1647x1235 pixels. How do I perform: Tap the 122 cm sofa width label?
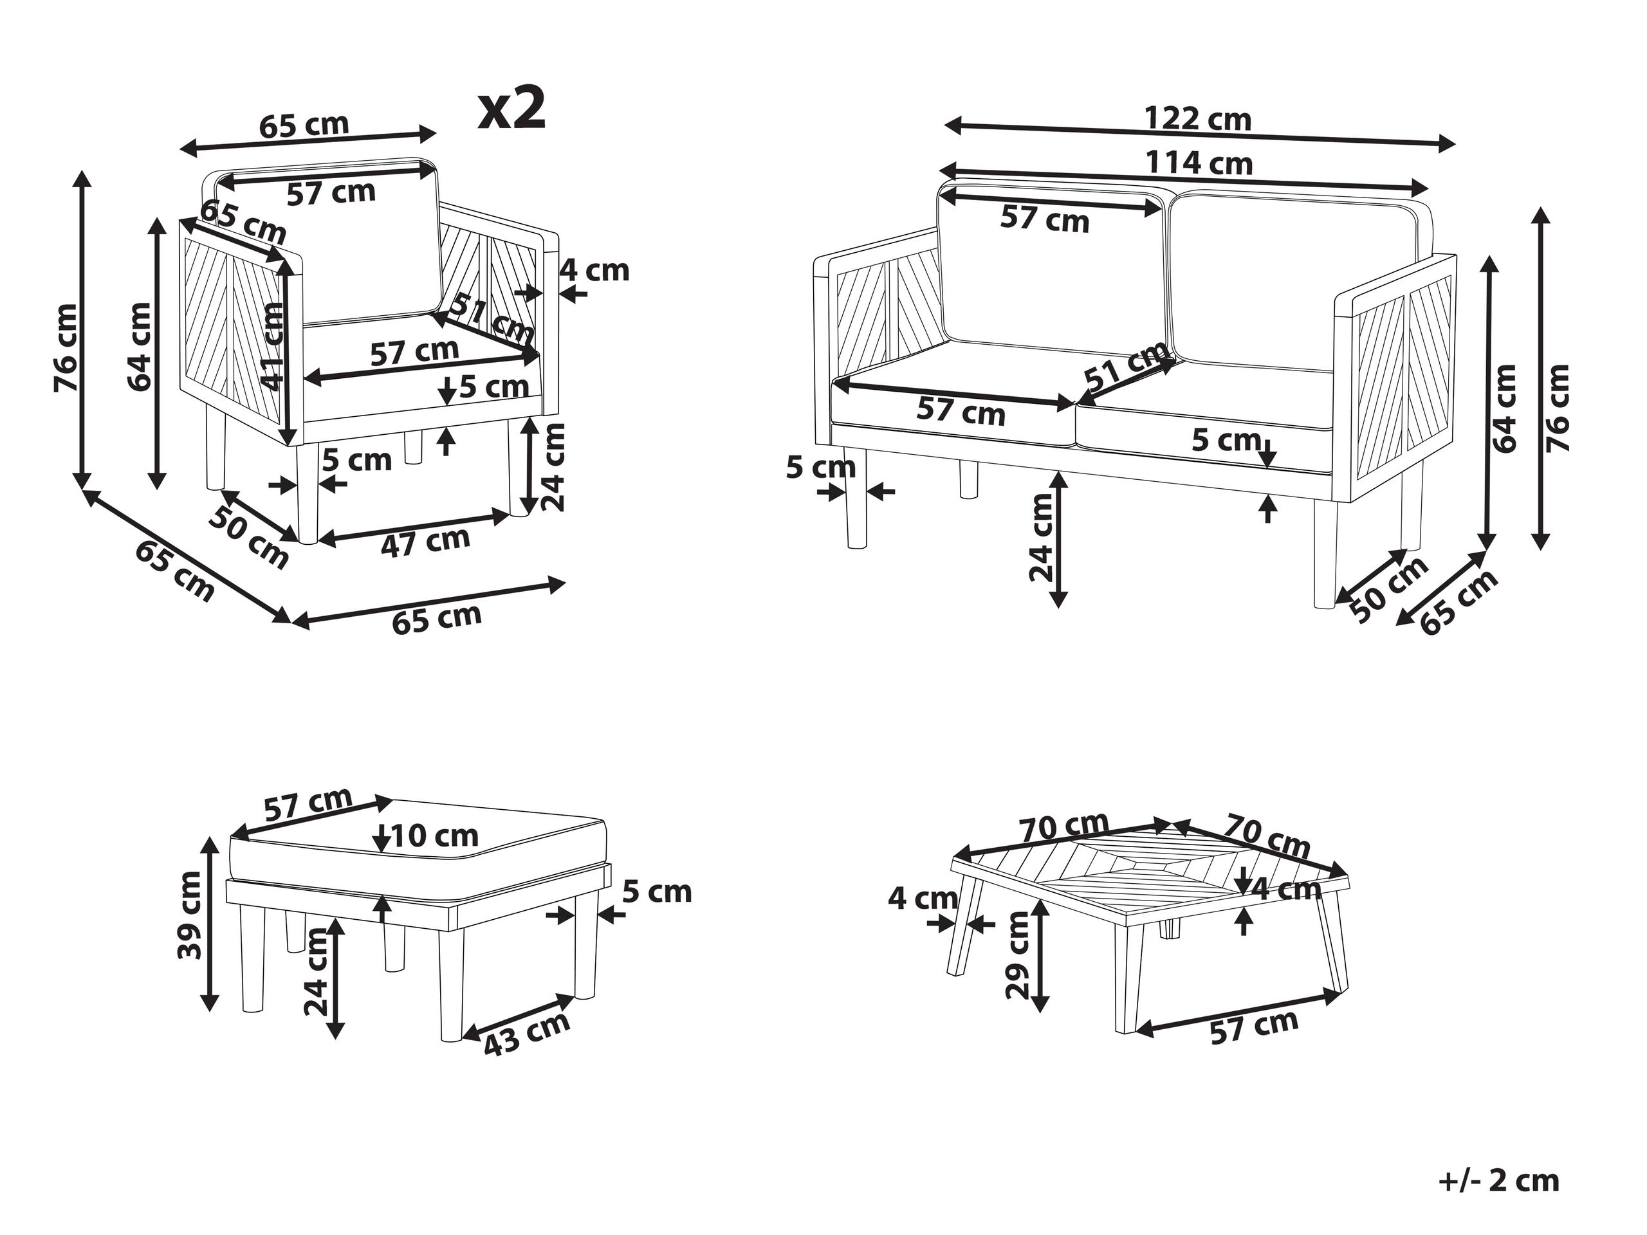pos(1197,119)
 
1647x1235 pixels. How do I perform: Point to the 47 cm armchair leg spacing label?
pos(425,541)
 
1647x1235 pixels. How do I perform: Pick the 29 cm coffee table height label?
pos(1017,957)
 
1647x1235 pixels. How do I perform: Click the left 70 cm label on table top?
pos(1064,828)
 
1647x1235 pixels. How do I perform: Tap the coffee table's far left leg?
pos(965,927)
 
